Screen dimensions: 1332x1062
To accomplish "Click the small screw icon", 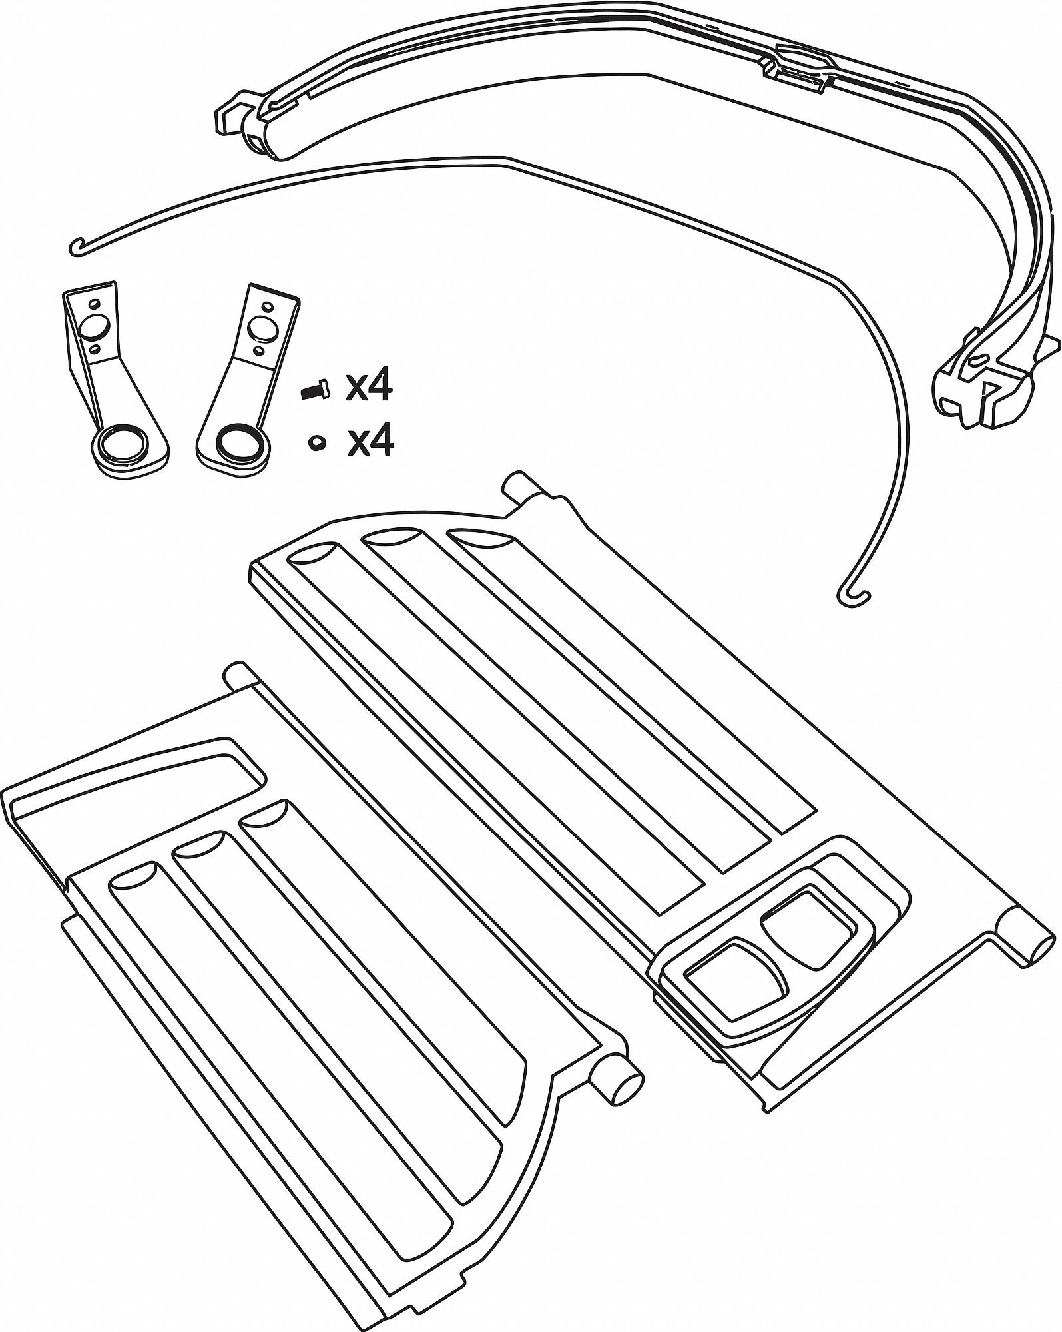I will [x=315, y=390].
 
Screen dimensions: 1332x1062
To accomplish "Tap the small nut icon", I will [x=315, y=442].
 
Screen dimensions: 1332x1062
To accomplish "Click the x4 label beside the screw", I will [x=368, y=388].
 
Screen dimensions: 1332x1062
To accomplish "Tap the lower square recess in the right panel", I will [x=731, y=973].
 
